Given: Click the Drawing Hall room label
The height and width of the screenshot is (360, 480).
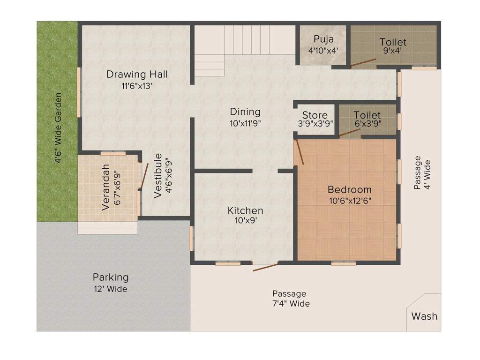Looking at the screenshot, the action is [137, 75].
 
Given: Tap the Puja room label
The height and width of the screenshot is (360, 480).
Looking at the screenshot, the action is [323, 39].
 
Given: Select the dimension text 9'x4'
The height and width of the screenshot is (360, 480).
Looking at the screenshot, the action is [392, 51].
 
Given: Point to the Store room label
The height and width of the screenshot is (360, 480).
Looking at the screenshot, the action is [315, 115].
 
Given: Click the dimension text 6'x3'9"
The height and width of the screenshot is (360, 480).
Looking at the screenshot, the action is [368, 124].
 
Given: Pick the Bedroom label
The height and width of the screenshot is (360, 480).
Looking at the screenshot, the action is [349, 190].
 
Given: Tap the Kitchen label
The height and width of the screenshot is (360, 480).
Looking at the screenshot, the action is [245, 210].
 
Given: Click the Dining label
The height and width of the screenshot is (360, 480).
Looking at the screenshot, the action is [245, 112].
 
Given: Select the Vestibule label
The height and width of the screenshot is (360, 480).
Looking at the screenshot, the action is [157, 176].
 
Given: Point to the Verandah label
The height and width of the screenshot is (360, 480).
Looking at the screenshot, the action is [105, 187].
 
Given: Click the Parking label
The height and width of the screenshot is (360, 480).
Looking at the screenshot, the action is [111, 277].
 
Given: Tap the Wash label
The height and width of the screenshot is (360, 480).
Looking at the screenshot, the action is [424, 316].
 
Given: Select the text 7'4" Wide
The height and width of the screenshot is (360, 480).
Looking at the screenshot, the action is [291, 304].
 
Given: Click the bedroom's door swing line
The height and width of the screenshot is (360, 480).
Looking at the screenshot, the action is [299, 152].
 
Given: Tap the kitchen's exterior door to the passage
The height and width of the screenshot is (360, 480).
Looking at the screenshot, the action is [266, 267].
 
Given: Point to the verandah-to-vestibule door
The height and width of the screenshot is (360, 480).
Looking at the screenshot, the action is [143, 176].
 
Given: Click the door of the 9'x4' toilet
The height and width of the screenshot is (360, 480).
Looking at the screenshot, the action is [363, 62].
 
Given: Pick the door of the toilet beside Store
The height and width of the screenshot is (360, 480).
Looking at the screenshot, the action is [350, 132].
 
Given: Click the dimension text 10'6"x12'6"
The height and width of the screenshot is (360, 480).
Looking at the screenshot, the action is [350, 201].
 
